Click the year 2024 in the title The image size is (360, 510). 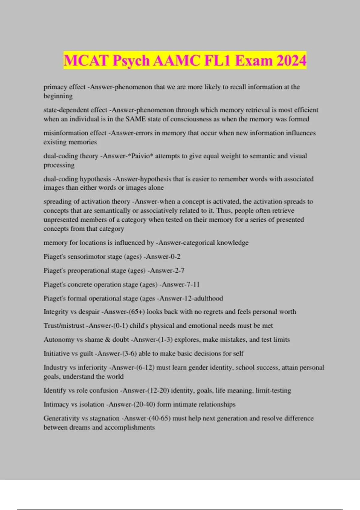pos(291,61)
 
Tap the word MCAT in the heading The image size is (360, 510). pos(85,61)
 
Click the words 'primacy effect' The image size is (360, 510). pos(64,87)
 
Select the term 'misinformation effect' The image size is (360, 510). pos(75,133)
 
